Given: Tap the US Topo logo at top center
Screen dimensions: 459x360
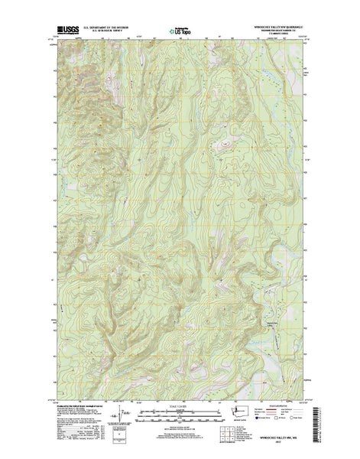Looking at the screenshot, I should [x=180, y=32].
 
